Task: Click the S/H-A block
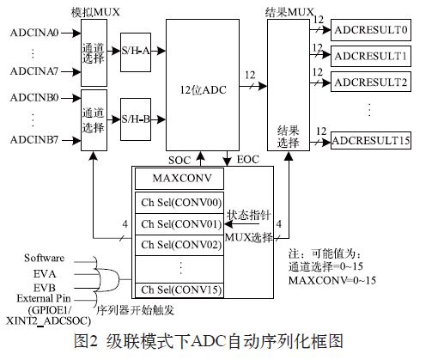(x=136, y=52)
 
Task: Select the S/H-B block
(x=136, y=119)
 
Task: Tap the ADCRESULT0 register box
(x=371, y=30)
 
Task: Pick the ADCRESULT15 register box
(x=371, y=140)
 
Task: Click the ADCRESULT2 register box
(x=371, y=82)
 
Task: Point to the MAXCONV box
(x=179, y=179)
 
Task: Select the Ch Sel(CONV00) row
(x=179, y=203)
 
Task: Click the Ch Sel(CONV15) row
(x=179, y=290)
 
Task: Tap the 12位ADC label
(x=203, y=90)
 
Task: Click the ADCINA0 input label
(x=34, y=33)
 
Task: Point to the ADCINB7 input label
(x=34, y=140)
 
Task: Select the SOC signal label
(x=179, y=161)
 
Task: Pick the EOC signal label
(x=248, y=160)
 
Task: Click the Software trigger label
(x=45, y=258)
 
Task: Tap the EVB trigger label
(x=45, y=288)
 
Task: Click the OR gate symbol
(x=109, y=279)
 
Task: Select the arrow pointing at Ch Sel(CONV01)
(x=242, y=224)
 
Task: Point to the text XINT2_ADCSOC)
(x=48, y=321)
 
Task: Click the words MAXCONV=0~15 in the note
(x=332, y=280)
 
